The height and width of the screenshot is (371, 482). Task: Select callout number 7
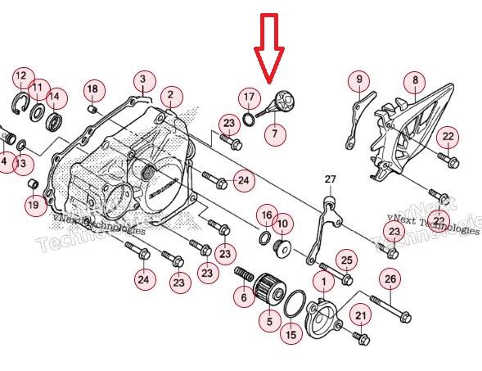(275, 133)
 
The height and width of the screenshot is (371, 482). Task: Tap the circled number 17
(249, 97)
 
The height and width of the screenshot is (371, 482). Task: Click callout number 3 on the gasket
(142, 80)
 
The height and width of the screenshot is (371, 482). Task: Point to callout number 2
(170, 97)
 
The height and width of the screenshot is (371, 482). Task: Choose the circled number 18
(92, 88)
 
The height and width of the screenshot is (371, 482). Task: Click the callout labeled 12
(21, 78)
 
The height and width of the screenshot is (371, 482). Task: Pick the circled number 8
(415, 80)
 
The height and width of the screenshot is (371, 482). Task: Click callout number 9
(358, 80)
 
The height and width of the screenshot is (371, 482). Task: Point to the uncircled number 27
(330, 179)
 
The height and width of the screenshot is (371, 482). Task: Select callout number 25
(347, 260)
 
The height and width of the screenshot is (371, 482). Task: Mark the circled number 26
(390, 280)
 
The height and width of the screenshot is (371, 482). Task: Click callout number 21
(361, 315)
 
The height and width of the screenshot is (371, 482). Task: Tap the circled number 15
(291, 334)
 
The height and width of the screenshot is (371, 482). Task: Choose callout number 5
(269, 322)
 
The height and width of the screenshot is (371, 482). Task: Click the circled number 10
(282, 223)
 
